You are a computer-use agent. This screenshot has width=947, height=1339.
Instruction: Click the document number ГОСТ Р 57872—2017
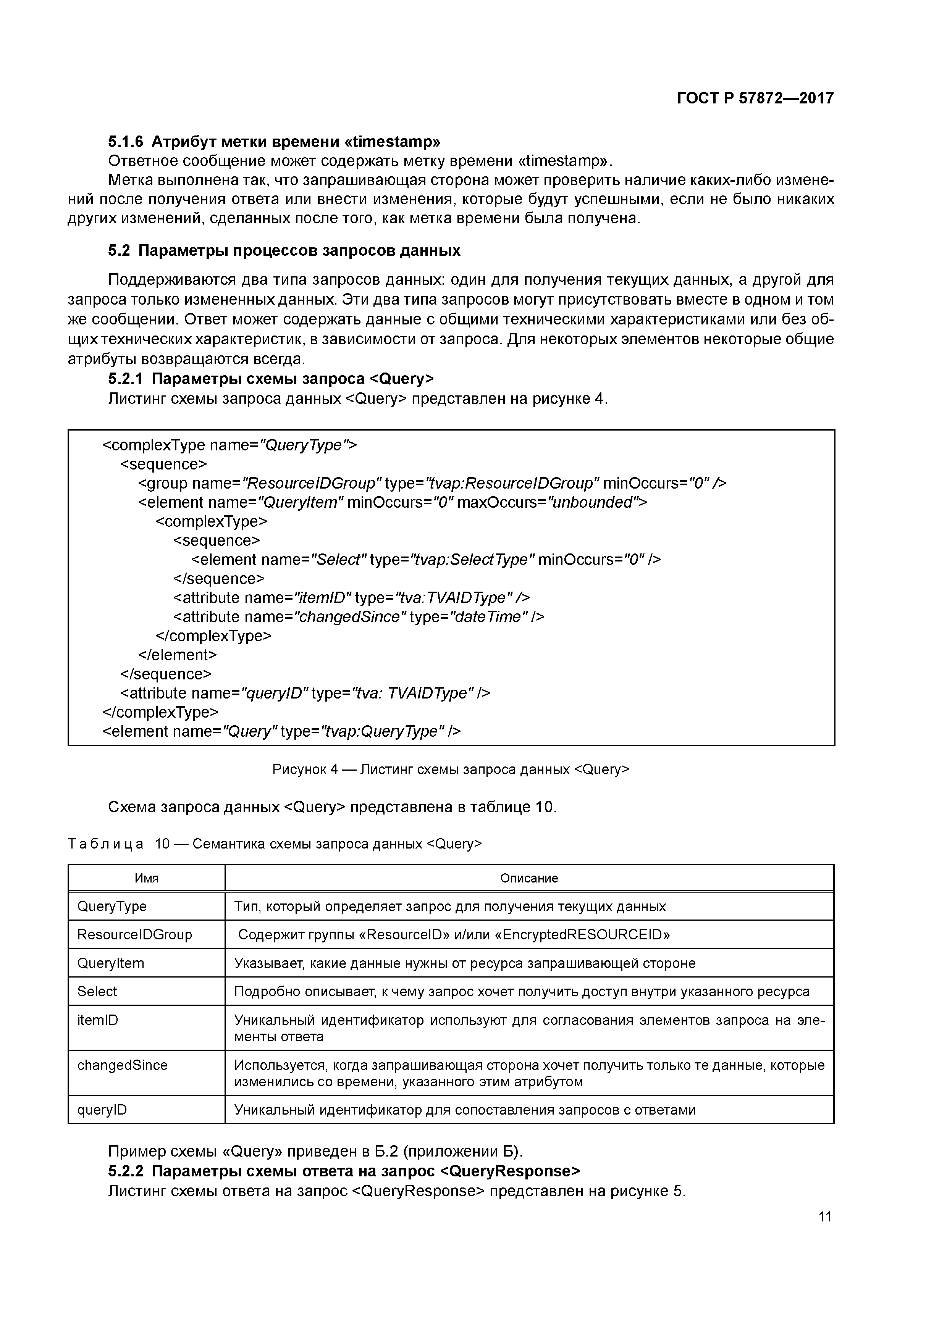pos(755,98)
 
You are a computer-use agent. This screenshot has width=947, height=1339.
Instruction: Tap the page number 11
pos(824,1216)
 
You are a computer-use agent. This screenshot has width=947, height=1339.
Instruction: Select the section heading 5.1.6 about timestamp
pos(274,142)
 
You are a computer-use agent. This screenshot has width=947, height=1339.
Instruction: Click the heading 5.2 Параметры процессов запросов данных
pos(284,251)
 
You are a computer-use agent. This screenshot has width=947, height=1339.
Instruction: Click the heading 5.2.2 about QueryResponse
pos(344,1171)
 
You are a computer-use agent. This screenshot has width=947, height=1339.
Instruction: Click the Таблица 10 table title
pos(275,844)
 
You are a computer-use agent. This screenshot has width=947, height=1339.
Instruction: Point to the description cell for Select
pos(522,991)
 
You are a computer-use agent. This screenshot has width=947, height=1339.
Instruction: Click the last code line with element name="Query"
pos(281,731)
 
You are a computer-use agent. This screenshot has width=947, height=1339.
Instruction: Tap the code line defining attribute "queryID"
pos(305,693)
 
